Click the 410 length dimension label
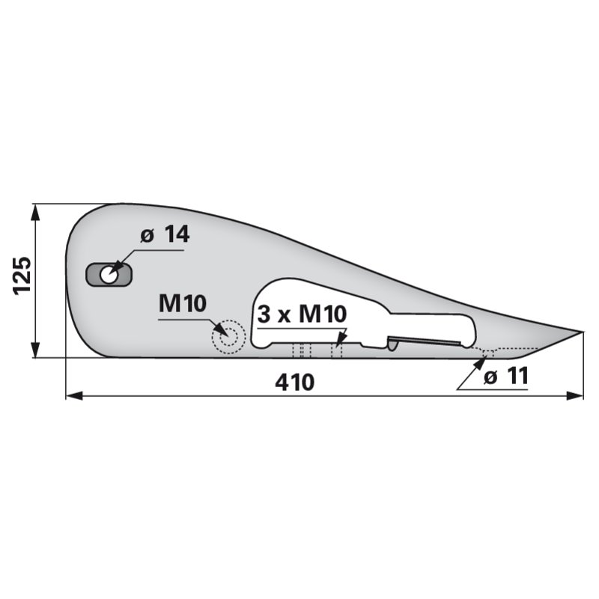tap(294, 383)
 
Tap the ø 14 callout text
tap(165, 234)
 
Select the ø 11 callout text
tap(506, 376)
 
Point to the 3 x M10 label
tap(302, 314)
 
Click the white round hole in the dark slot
tap(109, 275)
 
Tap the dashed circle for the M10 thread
tap(228, 337)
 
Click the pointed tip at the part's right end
tap(583, 332)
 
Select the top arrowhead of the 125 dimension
tap(35, 212)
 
